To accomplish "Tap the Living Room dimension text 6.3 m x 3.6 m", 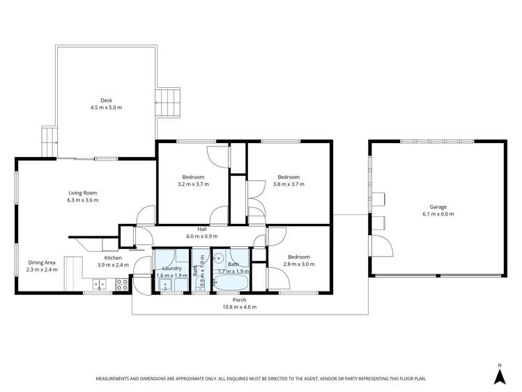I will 83,200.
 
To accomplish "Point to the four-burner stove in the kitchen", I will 121,285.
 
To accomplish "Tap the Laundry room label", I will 171,268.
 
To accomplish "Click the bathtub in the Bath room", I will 231,282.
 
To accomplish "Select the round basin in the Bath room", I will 219,257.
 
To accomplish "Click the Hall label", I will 202,229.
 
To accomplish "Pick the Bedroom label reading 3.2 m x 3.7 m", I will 193,176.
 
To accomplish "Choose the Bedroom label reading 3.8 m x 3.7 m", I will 289,176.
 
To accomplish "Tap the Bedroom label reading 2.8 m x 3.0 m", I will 300,257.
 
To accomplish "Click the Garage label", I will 438,206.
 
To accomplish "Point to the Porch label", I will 234,300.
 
